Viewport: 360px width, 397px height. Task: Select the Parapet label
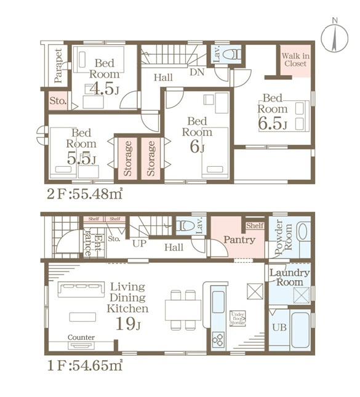(x=57, y=66)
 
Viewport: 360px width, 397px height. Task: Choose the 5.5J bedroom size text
(x=82, y=158)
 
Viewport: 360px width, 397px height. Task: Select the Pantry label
(x=239, y=239)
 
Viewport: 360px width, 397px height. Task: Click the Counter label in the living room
(x=81, y=338)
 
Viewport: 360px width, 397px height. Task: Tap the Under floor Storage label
(x=238, y=318)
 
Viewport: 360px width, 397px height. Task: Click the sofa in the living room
(x=81, y=289)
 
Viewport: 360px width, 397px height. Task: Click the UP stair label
(x=139, y=244)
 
